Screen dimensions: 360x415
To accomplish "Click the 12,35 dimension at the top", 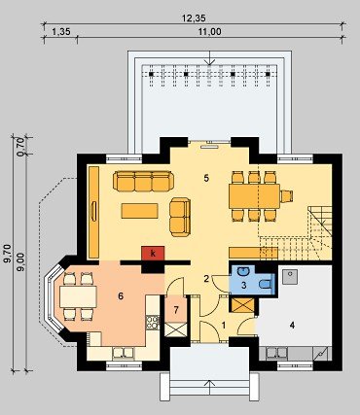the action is point(194,18).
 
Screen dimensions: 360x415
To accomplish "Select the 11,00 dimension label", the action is point(209,32).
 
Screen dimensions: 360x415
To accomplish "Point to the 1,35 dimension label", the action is point(61,32).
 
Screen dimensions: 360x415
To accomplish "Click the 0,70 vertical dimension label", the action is point(20,147).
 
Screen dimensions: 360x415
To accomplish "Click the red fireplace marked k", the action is point(153,253).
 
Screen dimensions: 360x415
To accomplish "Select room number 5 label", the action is point(206,178).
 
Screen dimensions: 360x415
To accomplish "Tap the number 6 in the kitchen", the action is point(121,295).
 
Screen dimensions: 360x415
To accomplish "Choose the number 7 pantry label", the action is point(176,310).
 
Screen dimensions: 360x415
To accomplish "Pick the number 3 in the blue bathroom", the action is point(244,286).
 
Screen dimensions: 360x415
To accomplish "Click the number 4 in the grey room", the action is point(292,325).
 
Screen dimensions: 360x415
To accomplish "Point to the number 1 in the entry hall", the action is point(224,326).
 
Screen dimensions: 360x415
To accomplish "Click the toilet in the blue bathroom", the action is point(267,284).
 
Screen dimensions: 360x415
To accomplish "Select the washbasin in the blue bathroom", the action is point(242,271).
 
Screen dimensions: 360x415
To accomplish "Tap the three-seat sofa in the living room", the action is point(143,181).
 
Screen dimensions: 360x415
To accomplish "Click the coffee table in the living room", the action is point(139,211).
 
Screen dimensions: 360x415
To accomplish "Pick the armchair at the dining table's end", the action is point(287,196).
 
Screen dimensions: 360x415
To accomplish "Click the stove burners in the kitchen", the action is point(153,323).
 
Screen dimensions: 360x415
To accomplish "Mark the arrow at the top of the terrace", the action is point(210,57).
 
